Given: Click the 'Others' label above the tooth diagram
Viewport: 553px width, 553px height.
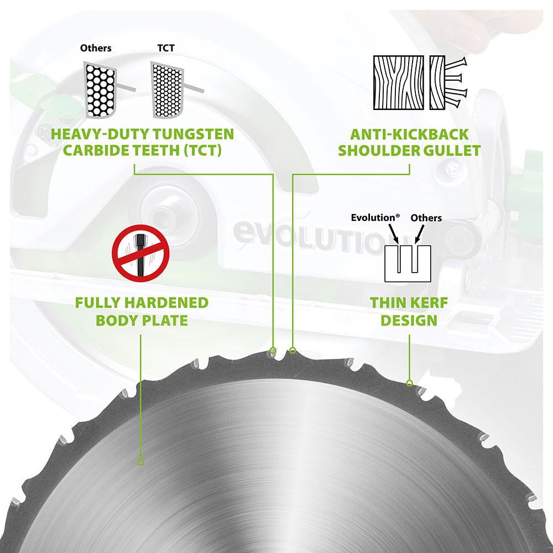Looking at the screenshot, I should click(96, 48).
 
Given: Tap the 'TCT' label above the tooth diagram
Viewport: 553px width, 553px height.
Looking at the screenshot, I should click(165, 48).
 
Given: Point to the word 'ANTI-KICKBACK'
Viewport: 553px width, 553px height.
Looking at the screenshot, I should click(410, 134).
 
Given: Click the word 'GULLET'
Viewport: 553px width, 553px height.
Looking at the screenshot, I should click(453, 150).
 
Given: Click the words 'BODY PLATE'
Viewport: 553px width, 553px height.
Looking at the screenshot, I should click(142, 320).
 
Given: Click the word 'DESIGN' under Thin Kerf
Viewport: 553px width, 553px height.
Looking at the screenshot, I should click(410, 320).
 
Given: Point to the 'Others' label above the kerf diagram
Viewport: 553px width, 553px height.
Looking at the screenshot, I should click(426, 217).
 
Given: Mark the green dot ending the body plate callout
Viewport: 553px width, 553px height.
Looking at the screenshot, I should click(140, 462).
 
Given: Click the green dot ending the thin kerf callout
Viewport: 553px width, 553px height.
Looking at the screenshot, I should click(409, 383).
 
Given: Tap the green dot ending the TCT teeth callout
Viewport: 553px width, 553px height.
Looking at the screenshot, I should click(273, 350).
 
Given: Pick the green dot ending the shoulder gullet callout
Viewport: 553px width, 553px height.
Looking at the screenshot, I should click(293, 350).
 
